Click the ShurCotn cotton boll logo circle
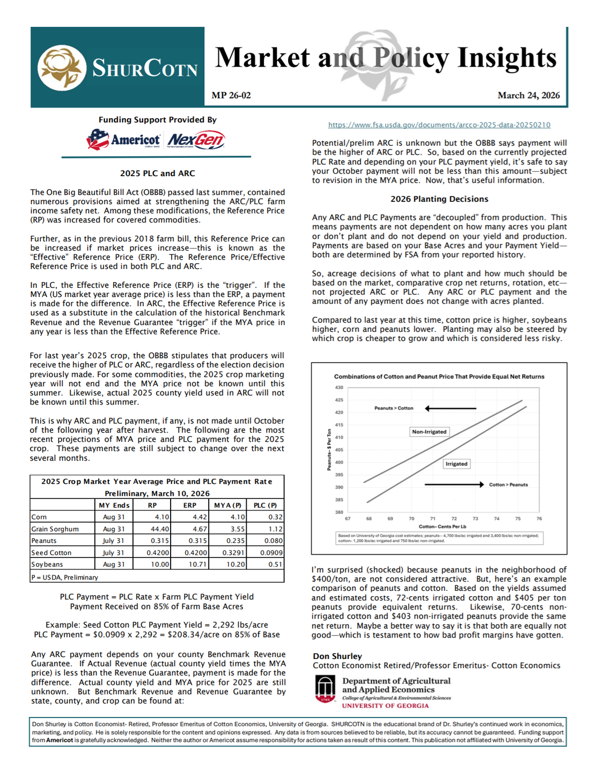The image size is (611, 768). (62, 68)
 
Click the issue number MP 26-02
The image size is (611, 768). (231, 96)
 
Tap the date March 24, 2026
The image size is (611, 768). (528, 96)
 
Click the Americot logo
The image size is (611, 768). (123, 140)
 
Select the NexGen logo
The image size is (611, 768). (196, 140)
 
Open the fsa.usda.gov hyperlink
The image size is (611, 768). (439, 125)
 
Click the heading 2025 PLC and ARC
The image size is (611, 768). (157, 173)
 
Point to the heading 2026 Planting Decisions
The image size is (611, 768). (439, 199)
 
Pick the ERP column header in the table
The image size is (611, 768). (189, 505)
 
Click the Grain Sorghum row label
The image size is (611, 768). (55, 529)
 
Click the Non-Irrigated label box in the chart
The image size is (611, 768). (429, 432)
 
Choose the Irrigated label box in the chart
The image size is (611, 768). (456, 464)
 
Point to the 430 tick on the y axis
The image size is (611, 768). (339, 388)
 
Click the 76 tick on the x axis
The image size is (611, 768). (539, 519)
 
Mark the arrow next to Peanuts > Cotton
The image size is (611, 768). (450, 409)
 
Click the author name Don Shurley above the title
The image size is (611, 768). (337, 656)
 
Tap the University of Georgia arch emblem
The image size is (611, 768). (325, 689)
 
